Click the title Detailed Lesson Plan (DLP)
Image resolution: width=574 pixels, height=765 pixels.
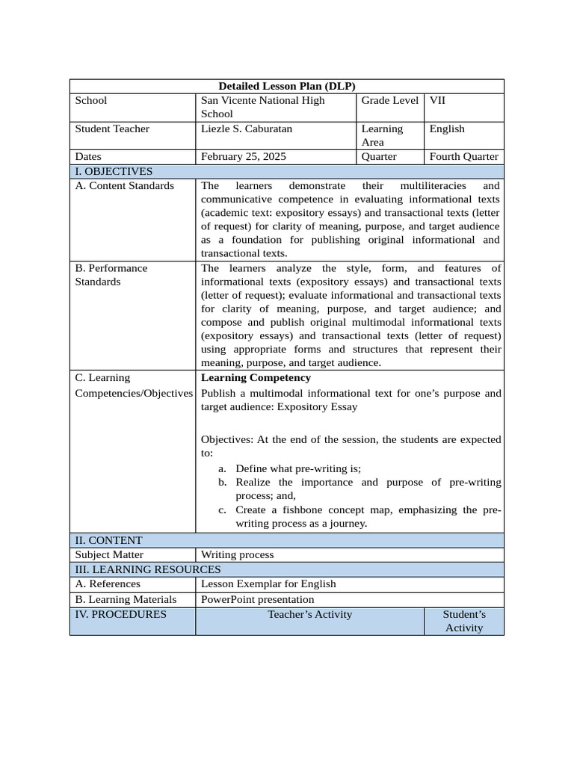(x=287, y=86)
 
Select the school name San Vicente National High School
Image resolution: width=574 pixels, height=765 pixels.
(x=262, y=107)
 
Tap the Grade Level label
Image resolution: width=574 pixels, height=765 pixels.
(x=389, y=100)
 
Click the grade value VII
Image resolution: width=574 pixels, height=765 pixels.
(x=437, y=100)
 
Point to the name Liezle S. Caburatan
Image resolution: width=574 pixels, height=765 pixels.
(x=247, y=128)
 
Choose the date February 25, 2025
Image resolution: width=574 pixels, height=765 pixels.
(x=243, y=157)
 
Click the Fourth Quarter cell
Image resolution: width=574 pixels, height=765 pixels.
(x=463, y=157)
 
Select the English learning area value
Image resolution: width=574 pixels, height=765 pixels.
(x=447, y=128)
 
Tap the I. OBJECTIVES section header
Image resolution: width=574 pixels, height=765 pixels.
(x=114, y=171)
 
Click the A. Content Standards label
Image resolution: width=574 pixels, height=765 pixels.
(x=124, y=185)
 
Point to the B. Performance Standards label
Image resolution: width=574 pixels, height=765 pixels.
(x=111, y=275)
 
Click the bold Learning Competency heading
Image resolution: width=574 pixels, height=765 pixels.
(x=256, y=377)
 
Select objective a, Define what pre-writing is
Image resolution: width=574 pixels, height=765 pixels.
(x=297, y=468)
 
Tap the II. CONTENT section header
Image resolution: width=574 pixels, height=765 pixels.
(x=108, y=540)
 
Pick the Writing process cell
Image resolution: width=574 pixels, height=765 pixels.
(x=237, y=554)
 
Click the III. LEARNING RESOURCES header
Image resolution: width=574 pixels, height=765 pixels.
(x=146, y=569)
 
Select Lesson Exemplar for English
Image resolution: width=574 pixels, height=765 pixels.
(x=268, y=583)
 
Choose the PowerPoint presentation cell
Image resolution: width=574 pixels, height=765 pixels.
(x=257, y=599)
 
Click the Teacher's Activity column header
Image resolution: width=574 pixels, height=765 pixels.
(x=310, y=614)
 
